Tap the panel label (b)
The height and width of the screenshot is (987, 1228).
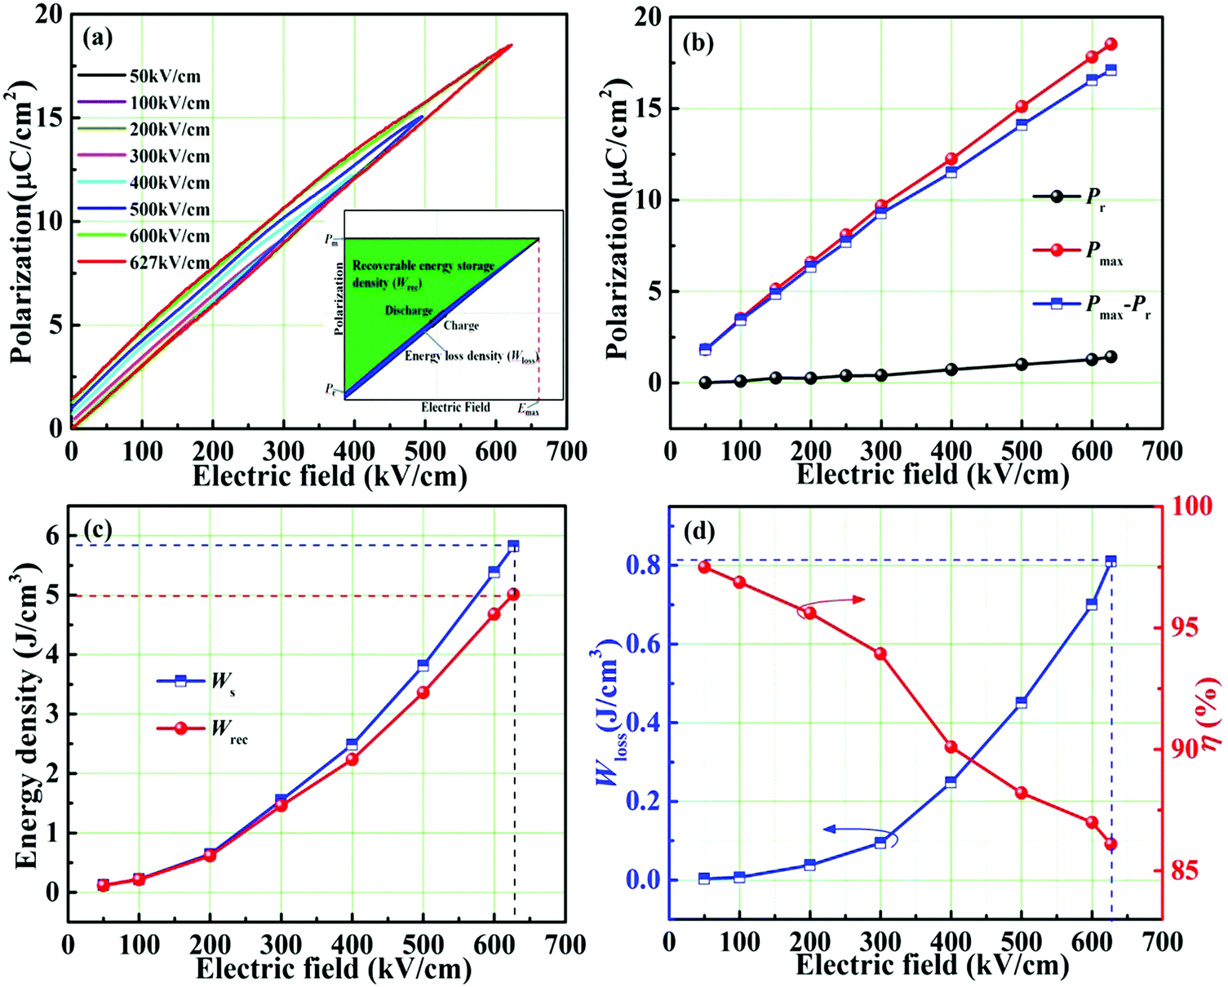pos(698,43)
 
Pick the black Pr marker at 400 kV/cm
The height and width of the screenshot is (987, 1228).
pos(951,370)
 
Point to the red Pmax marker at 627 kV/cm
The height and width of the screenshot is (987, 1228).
pos(1111,44)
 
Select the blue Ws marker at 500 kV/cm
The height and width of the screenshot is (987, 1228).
pos(423,666)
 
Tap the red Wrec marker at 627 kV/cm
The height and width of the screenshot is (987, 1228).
pos(513,595)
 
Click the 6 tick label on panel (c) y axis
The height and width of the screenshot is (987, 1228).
pos(51,536)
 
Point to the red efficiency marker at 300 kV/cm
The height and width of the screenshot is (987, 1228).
pos(880,653)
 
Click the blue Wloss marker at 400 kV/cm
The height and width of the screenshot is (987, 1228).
pos(951,782)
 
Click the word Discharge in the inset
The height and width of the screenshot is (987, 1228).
pos(409,311)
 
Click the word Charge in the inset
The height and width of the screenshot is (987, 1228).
pos(461,325)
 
